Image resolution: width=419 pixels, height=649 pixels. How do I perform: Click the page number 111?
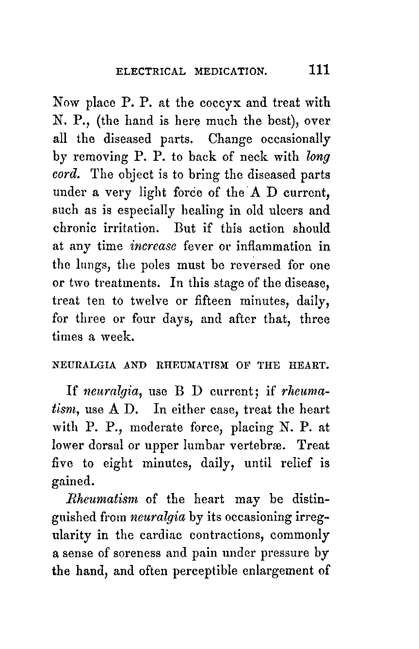pos(319,69)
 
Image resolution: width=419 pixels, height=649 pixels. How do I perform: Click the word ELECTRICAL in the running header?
pos(150,71)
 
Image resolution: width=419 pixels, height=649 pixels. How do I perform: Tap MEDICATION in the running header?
pos(231,71)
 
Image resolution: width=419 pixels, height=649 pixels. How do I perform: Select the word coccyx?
pos(210,103)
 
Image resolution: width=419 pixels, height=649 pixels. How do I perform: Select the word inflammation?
pos(274,246)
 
